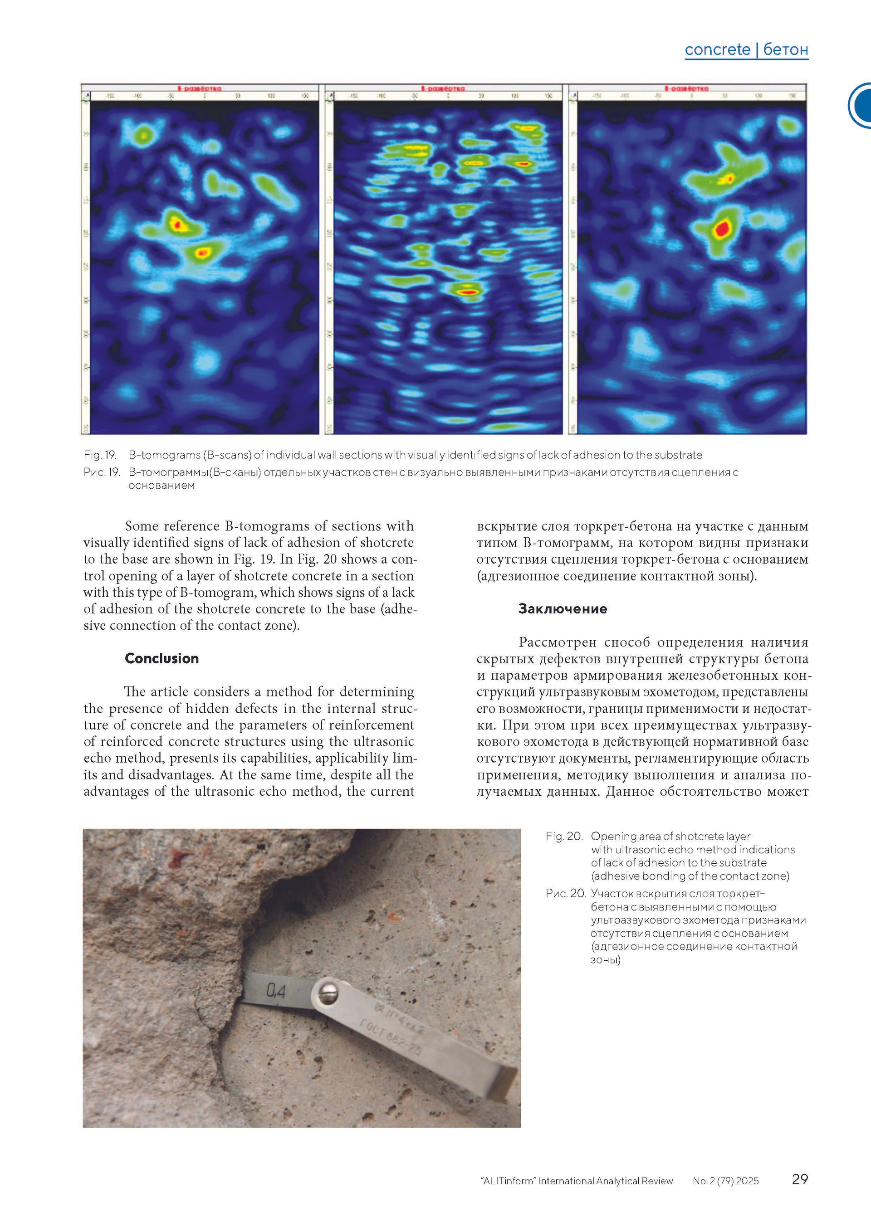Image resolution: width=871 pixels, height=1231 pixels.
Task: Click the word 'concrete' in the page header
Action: pos(718,50)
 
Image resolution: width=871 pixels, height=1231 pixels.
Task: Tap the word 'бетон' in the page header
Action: pos(785,50)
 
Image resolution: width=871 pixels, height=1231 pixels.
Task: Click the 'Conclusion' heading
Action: pos(161,658)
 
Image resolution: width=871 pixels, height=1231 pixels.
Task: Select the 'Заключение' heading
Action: pos(562,608)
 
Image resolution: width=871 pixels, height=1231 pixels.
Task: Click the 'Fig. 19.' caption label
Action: pos(100,455)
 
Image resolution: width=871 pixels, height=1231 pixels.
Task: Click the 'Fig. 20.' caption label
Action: pos(564,836)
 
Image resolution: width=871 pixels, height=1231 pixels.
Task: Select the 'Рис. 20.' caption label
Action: pos(565,893)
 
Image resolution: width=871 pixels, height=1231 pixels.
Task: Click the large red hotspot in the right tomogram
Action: pos(722,229)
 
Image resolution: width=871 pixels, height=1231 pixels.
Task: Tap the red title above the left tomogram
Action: pos(200,88)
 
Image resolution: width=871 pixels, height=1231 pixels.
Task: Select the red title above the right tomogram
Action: pos(686,88)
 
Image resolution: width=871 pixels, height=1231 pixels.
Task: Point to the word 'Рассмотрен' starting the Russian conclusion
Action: pos(558,642)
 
